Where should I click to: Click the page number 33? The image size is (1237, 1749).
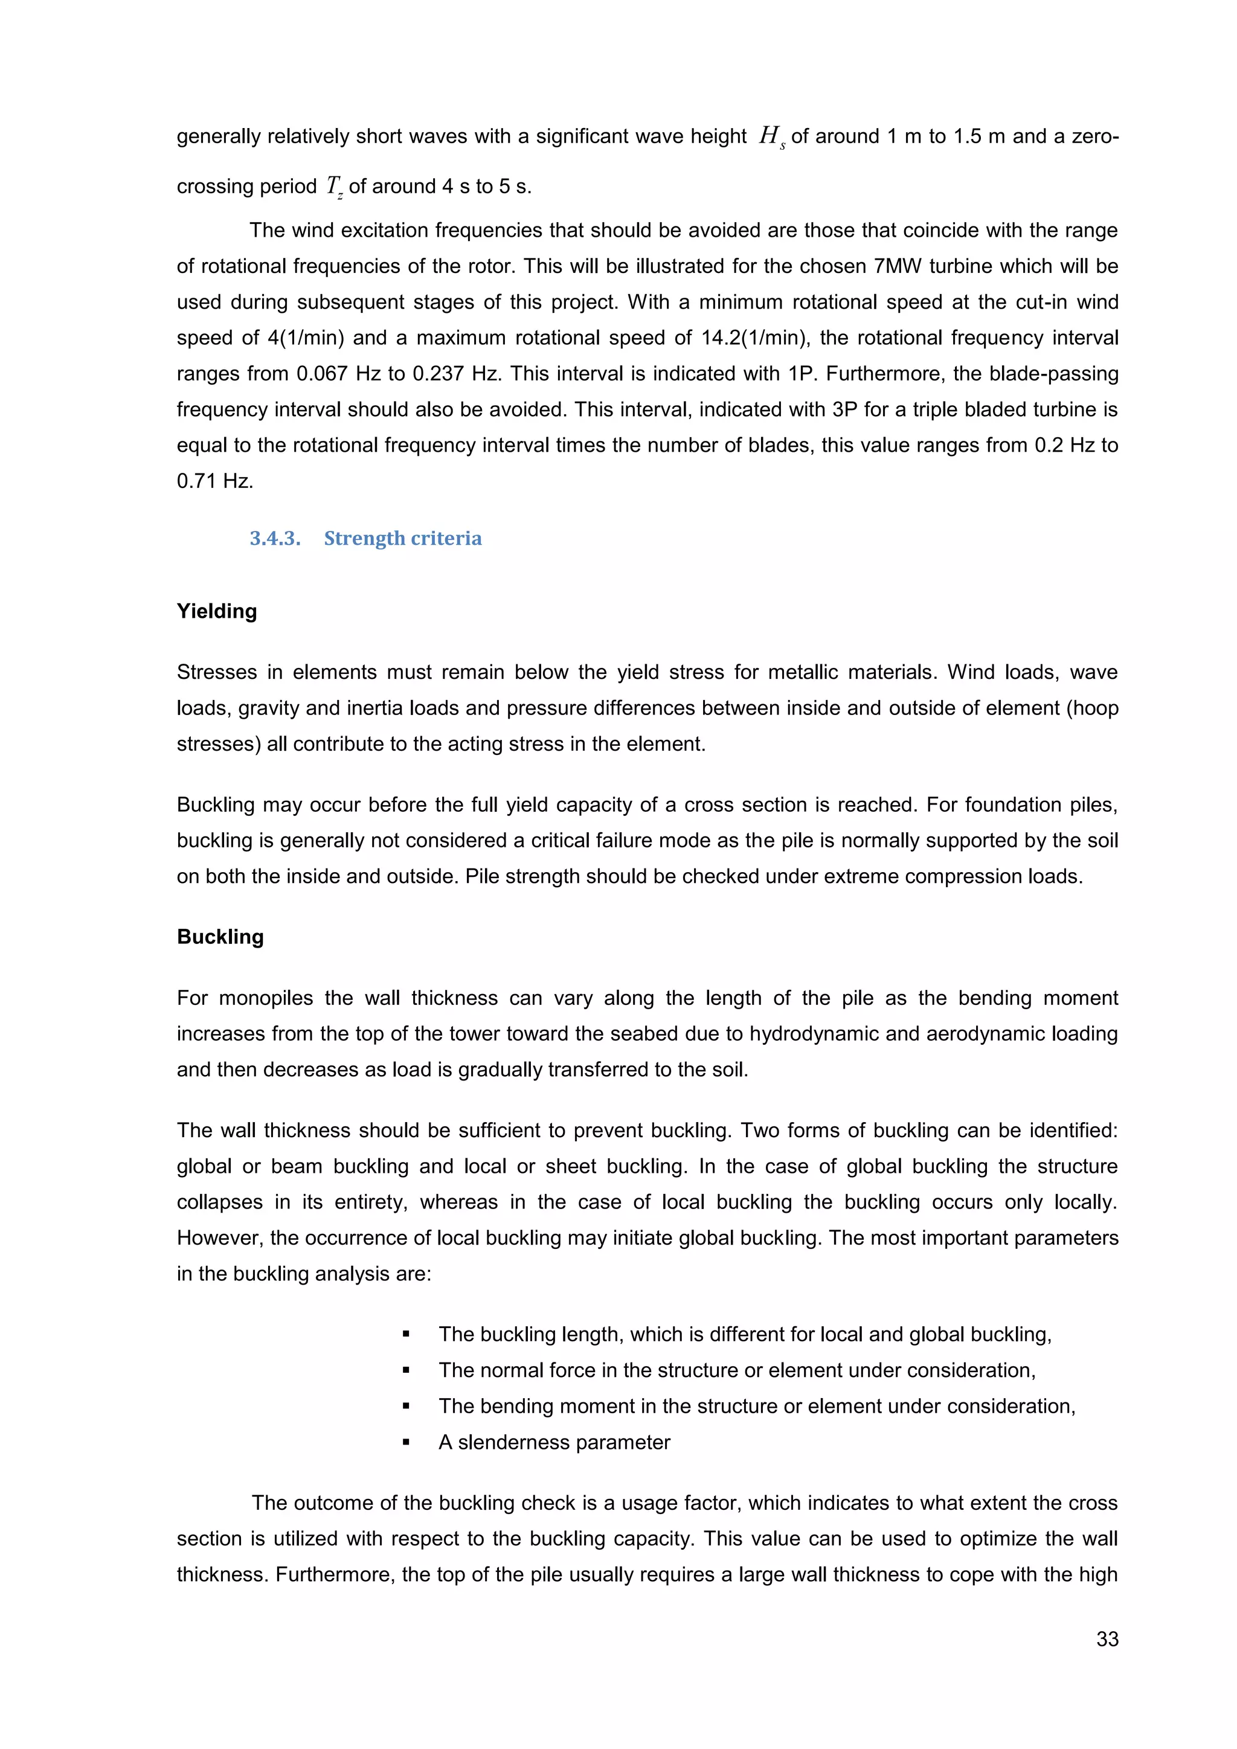pyautogui.click(x=1107, y=1638)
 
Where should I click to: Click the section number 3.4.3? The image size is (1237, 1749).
pyautogui.click(x=275, y=539)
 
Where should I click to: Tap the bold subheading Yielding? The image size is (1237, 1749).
pyautogui.click(x=217, y=611)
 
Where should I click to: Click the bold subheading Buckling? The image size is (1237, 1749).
pyautogui.click(x=220, y=936)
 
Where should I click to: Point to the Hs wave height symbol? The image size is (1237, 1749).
pyautogui.click(x=771, y=137)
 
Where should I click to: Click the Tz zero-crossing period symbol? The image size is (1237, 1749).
pyautogui.click(x=333, y=187)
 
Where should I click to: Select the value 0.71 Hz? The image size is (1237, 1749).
pyautogui.click(x=215, y=481)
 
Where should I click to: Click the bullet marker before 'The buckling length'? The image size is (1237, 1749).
pyautogui.click(x=406, y=1335)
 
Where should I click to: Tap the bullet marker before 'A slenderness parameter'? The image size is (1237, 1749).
pyautogui.click(x=406, y=1442)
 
